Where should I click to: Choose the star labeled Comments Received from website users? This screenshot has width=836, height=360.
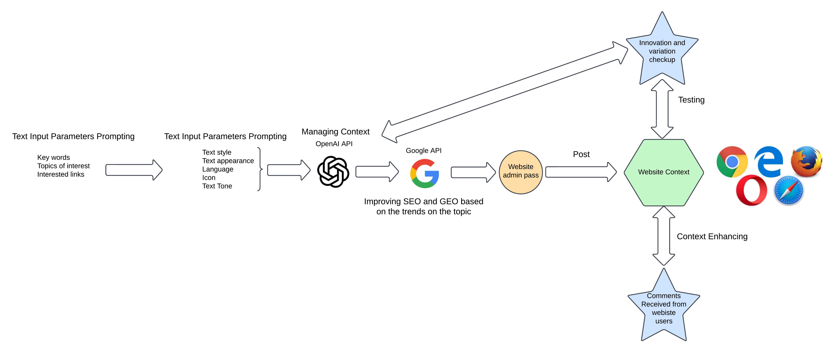[664, 308]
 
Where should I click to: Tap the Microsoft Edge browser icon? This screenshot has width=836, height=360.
[768, 161]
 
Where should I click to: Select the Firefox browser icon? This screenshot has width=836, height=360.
[806, 161]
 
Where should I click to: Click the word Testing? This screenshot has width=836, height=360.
[691, 100]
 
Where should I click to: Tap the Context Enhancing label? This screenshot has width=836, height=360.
[712, 236]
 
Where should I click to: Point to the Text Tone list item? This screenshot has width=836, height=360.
[217, 186]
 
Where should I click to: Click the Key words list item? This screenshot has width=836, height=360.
[54, 157]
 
